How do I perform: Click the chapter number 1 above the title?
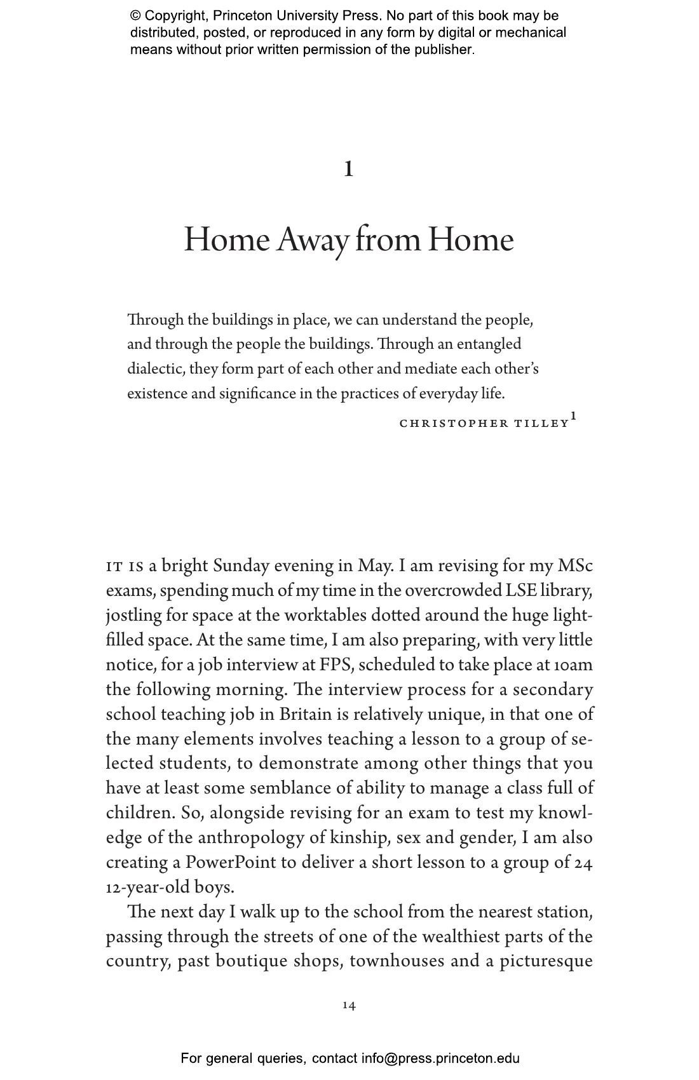(x=348, y=169)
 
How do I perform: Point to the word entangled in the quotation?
(x=489, y=344)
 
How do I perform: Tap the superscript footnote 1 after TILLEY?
(x=573, y=416)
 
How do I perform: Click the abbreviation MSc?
(x=575, y=566)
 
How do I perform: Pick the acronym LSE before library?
(x=521, y=591)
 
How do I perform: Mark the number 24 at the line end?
(x=583, y=863)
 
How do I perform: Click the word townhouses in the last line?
(x=397, y=961)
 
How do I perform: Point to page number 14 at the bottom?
(x=349, y=1006)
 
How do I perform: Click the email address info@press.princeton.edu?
(x=440, y=1058)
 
